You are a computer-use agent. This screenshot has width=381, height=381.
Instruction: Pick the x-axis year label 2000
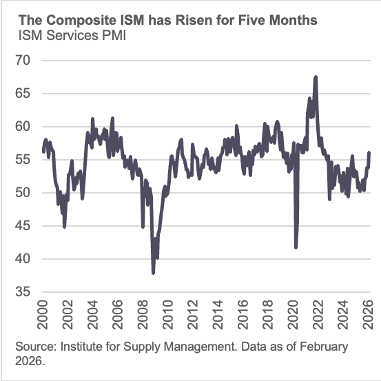coord(43,314)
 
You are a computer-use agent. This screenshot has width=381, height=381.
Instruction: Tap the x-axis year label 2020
coord(290,314)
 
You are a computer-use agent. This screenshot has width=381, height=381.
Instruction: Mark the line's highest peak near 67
coord(316,76)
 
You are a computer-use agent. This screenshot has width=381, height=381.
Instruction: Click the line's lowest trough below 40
coord(153,273)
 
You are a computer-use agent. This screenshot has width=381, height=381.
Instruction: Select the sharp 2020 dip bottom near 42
coord(296,247)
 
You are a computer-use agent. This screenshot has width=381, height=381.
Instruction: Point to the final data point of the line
coord(369,152)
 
